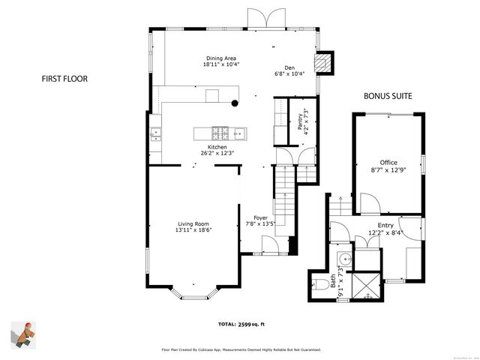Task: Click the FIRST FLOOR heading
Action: click(x=62, y=78)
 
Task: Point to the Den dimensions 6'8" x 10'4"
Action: click(x=289, y=73)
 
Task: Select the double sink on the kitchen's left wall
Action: click(x=157, y=135)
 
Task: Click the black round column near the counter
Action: click(x=235, y=103)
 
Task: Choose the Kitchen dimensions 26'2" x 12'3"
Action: click(x=217, y=153)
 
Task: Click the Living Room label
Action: click(x=193, y=224)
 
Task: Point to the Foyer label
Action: click(x=261, y=218)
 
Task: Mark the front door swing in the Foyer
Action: click(x=269, y=244)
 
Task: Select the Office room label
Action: click(x=388, y=163)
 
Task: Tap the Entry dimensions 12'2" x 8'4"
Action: click(x=385, y=232)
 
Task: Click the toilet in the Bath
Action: click(x=316, y=283)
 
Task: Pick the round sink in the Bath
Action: click(x=342, y=259)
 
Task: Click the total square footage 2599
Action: click(x=252, y=324)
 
